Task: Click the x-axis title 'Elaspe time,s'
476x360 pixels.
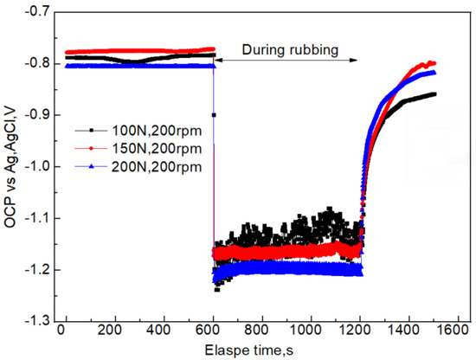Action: click(x=261, y=350)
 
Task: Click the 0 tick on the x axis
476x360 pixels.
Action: click(x=65, y=331)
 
